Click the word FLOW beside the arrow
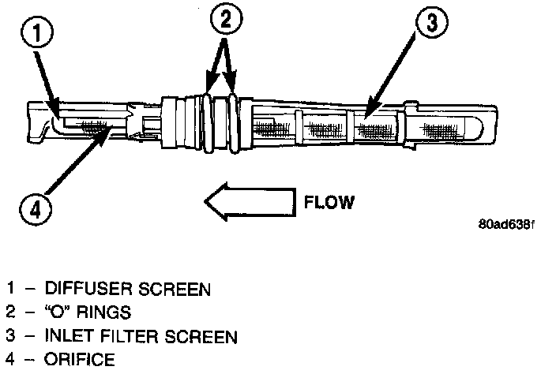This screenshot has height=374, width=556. coord(329,202)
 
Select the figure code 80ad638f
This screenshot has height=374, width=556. coord(506,223)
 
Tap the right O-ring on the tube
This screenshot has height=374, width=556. coord(233,122)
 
